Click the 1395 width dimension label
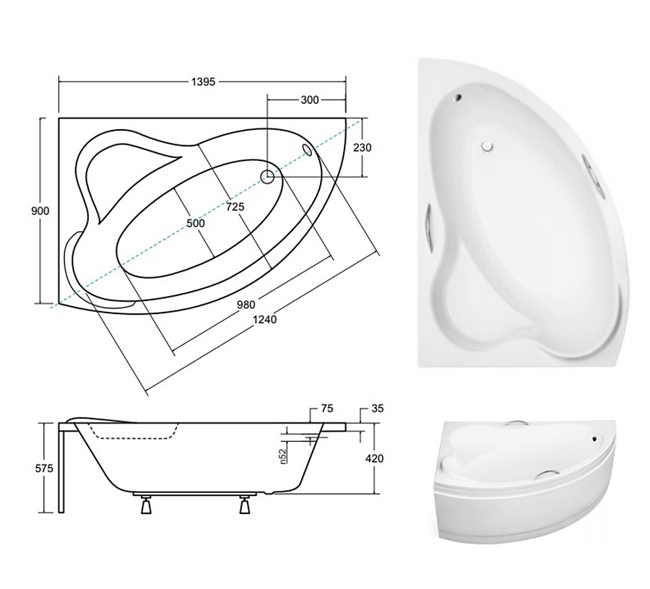(203, 82)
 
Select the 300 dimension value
(310, 100)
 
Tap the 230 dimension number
(363, 147)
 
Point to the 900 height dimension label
(40, 211)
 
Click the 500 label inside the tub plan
(196, 223)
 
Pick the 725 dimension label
(235, 206)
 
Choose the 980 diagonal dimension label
(246, 305)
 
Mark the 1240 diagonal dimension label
(264, 319)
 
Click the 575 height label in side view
(44, 468)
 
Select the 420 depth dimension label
(374, 458)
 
